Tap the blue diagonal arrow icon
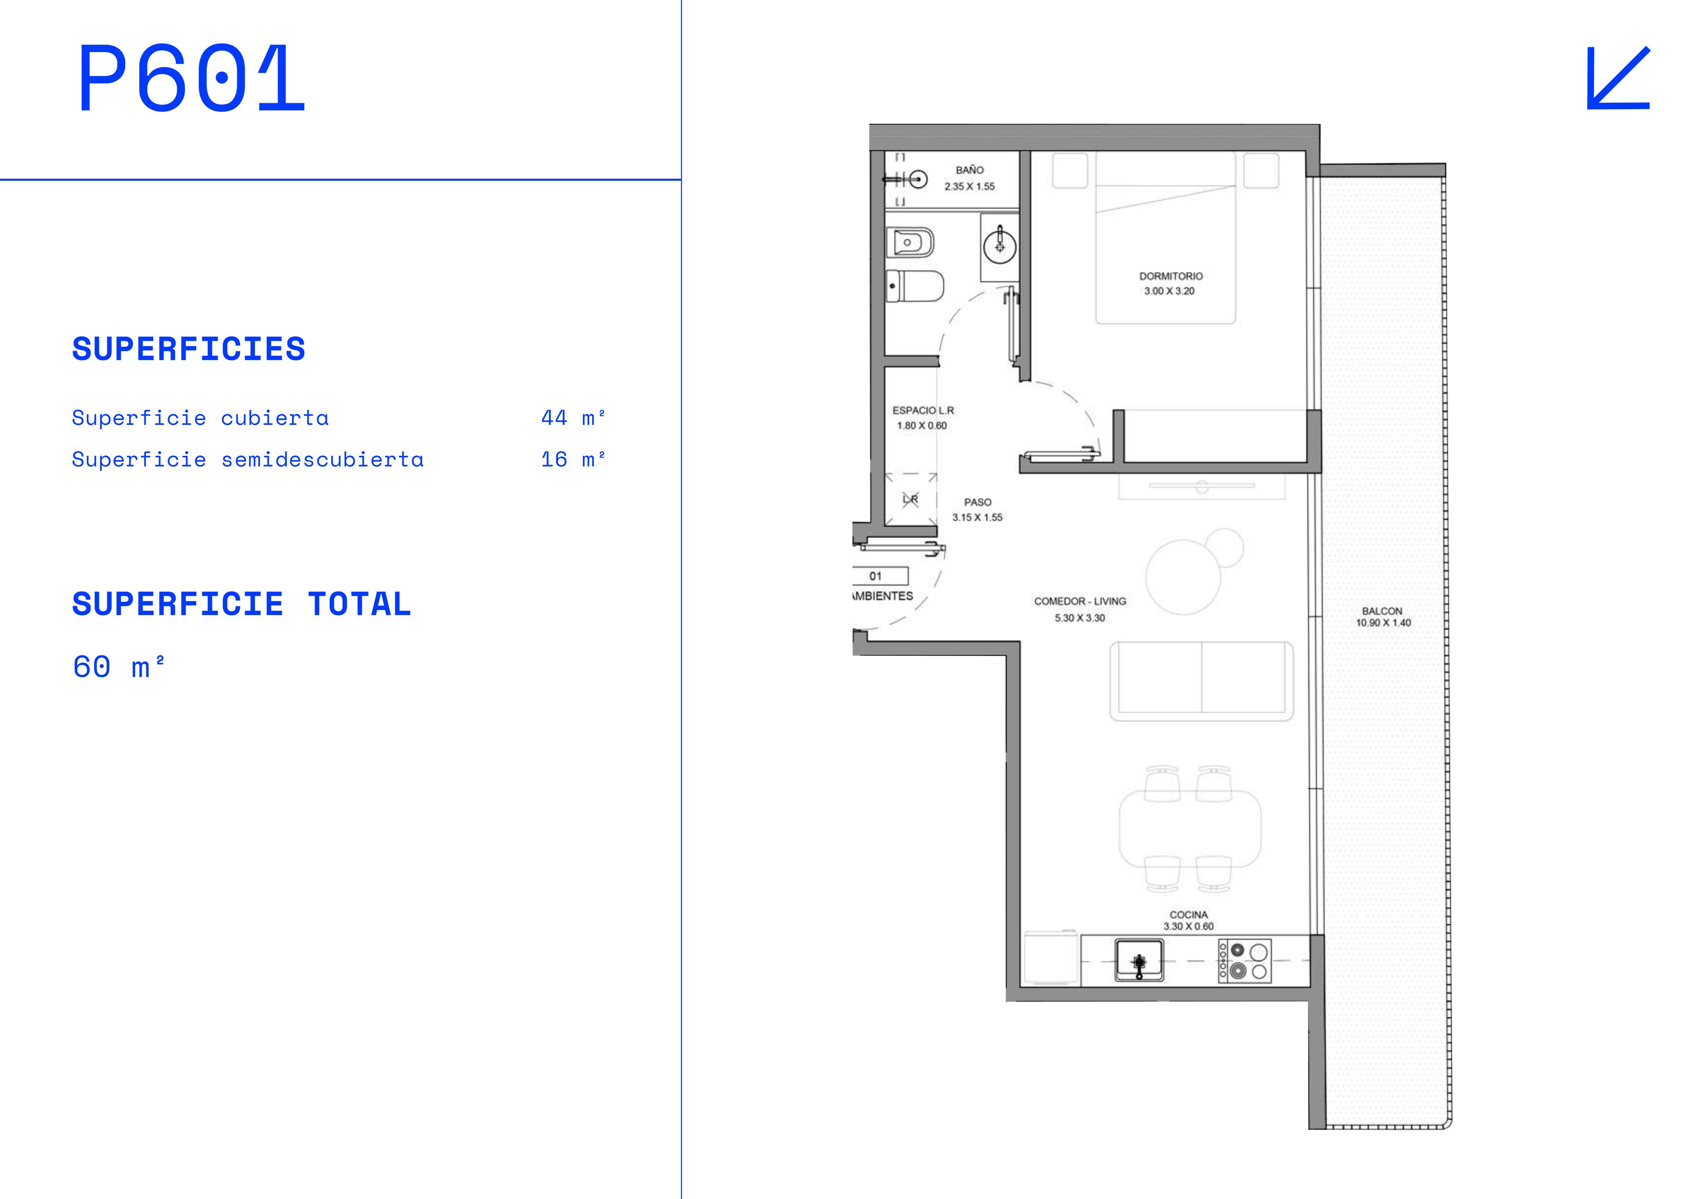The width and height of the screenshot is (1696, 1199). (x=1618, y=78)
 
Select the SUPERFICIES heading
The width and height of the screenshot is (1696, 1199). (x=188, y=349)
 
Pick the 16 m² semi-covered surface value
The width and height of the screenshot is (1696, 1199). (x=573, y=459)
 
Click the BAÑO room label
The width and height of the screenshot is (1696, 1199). (x=970, y=170)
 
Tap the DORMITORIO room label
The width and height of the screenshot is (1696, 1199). (x=1171, y=276)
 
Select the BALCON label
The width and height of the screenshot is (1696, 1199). (x=1382, y=611)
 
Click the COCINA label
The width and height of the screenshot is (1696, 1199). (x=1189, y=915)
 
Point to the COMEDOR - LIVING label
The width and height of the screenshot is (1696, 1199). (x=1080, y=601)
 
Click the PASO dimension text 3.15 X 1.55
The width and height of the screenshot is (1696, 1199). (x=977, y=517)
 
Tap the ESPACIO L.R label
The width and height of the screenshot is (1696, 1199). (x=924, y=410)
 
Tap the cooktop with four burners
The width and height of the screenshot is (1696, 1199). (x=1245, y=961)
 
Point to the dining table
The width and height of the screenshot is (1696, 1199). (x=1190, y=829)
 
